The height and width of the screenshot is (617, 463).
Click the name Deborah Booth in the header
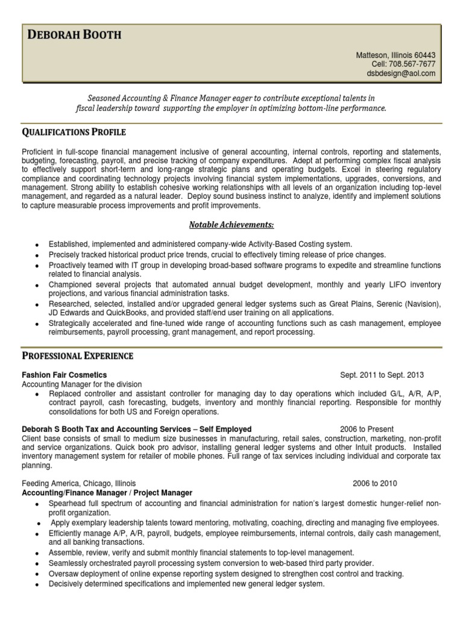point(75,35)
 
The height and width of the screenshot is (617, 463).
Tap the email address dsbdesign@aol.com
point(400,74)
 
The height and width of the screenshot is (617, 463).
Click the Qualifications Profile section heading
point(74,132)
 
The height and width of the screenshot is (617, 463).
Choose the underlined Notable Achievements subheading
point(231,225)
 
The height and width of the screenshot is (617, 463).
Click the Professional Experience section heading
point(77,356)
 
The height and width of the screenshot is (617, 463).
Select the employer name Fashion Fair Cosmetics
point(65,375)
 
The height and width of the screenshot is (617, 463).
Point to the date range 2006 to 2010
point(375,483)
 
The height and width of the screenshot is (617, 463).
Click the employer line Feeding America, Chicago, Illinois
point(79,483)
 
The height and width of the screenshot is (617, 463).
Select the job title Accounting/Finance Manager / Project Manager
point(107,492)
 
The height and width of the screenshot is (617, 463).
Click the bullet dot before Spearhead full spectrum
point(37,504)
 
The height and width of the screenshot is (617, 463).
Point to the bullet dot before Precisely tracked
point(37,255)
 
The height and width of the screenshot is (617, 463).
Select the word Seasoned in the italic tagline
point(105,98)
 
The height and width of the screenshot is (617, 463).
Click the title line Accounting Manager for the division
point(81,384)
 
